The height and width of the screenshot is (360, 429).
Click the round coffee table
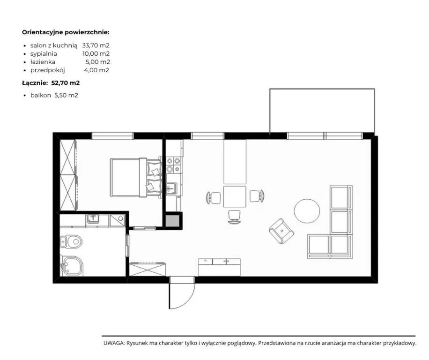(307, 211)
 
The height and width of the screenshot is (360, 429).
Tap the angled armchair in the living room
(281, 231)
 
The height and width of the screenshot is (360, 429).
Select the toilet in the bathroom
(71, 241)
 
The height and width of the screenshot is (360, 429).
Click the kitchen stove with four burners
(174, 165)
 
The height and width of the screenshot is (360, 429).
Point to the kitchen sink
(172, 188)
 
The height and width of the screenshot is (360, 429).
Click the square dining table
(235, 196)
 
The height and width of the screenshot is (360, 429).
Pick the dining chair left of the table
(214, 197)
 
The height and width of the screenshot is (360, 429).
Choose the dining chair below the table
(235, 217)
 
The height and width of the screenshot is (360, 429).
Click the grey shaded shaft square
(173, 221)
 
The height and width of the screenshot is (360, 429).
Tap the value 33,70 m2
(96, 45)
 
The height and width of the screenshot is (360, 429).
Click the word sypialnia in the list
(44, 54)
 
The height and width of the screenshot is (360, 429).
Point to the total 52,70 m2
(66, 82)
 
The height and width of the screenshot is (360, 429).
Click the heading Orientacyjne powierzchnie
(66, 32)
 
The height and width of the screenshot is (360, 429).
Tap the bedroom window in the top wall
(112, 136)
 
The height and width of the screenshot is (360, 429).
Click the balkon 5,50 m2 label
(54, 95)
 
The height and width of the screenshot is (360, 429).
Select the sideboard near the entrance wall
(220, 267)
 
